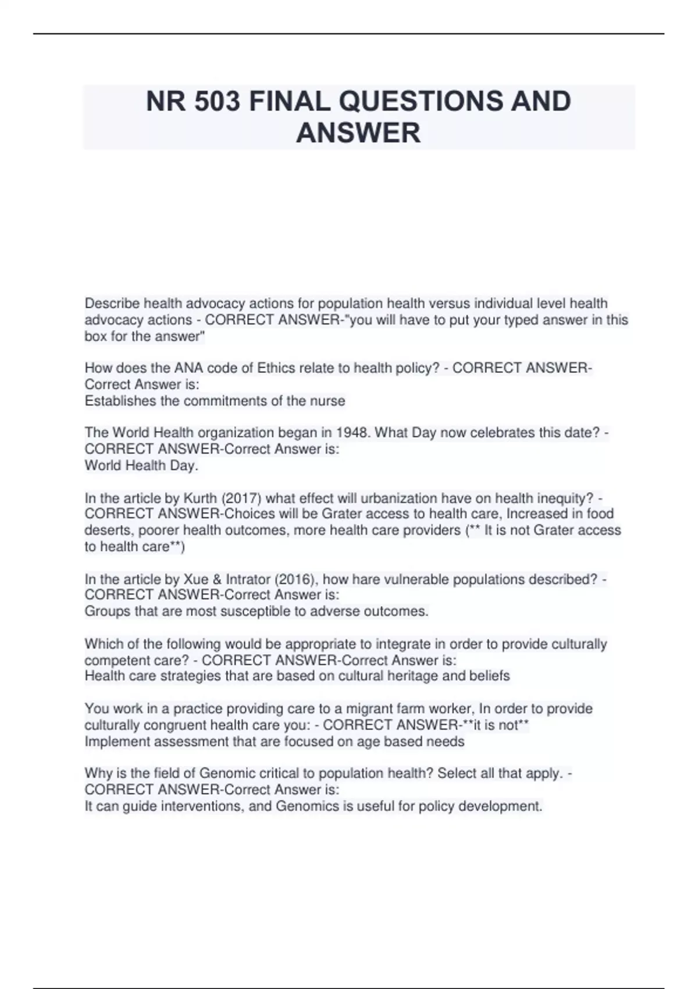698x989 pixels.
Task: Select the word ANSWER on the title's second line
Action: point(358,133)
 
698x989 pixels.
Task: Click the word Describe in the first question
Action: point(112,304)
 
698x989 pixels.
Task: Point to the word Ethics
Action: point(277,368)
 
